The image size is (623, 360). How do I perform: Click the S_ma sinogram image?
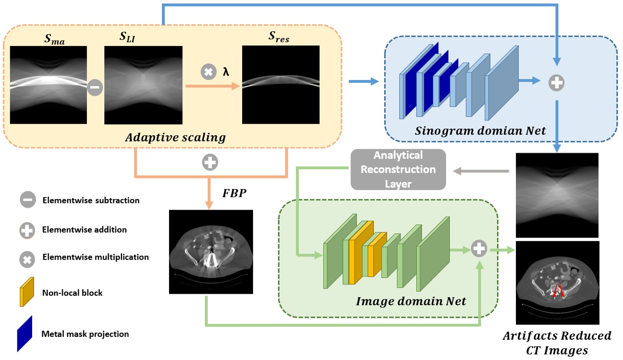[x=48, y=85]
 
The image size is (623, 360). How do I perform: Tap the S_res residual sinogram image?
[x=280, y=85]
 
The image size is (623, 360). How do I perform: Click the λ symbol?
[x=226, y=72]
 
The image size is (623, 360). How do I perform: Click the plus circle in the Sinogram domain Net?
[x=556, y=83]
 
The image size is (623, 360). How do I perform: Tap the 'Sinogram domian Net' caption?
[x=480, y=130]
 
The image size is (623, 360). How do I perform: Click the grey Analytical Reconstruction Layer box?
[x=398, y=169]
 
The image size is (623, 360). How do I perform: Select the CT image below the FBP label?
[x=211, y=251]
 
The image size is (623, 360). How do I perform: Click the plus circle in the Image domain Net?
[x=479, y=249]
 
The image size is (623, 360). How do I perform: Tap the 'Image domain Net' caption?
[x=411, y=301]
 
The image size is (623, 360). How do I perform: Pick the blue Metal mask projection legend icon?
[x=25, y=333]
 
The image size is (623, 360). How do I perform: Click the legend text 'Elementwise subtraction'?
[x=91, y=200]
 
